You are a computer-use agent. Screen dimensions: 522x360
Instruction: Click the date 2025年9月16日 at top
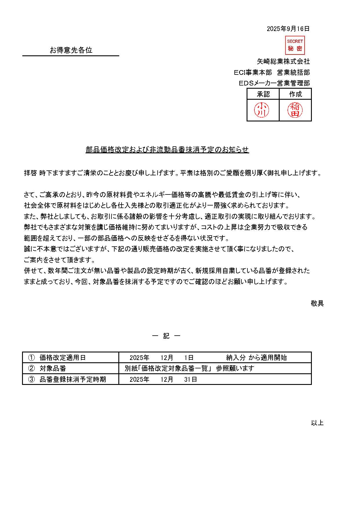(x=288, y=29)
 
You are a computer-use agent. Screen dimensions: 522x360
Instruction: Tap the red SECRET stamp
(x=295, y=45)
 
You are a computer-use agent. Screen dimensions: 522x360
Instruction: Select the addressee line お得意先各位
(x=71, y=50)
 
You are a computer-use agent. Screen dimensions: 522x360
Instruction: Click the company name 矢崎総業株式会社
(x=283, y=61)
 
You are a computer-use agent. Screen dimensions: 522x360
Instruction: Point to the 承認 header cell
(x=263, y=94)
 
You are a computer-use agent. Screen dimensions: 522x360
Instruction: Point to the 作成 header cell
(x=295, y=94)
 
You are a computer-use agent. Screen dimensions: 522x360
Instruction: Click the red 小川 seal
(x=262, y=110)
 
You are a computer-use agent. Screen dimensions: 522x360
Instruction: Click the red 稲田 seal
(x=295, y=110)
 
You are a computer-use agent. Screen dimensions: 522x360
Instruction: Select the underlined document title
(x=167, y=150)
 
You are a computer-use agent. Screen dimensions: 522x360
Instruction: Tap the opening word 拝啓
(x=30, y=173)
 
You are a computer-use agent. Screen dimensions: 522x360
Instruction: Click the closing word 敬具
(x=317, y=303)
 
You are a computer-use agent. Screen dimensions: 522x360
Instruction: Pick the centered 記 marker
(x=166, y=336)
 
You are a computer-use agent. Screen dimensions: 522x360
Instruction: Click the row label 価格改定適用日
(x=63, y=358)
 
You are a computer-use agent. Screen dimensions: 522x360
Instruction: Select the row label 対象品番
(x=53, y=368)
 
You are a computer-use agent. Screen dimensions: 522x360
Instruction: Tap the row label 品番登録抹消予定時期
(x=73, y=379)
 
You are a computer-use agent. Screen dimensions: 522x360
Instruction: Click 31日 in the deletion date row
(x=191, y=379)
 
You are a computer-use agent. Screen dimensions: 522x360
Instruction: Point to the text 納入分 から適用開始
(x=256, y=358)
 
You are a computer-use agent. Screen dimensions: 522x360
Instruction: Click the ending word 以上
(x=317, y=423)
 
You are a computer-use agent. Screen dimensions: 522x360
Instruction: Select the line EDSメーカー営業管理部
(x=274, y=83)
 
